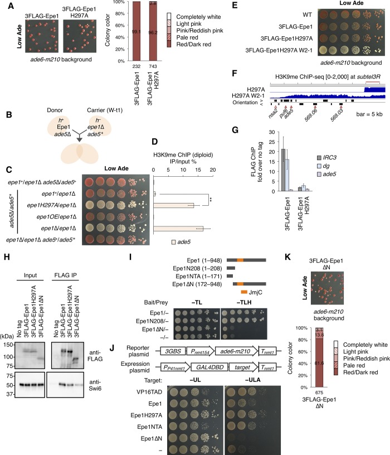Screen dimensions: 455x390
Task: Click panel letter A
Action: pyautogui.click(x=7, y=5)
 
